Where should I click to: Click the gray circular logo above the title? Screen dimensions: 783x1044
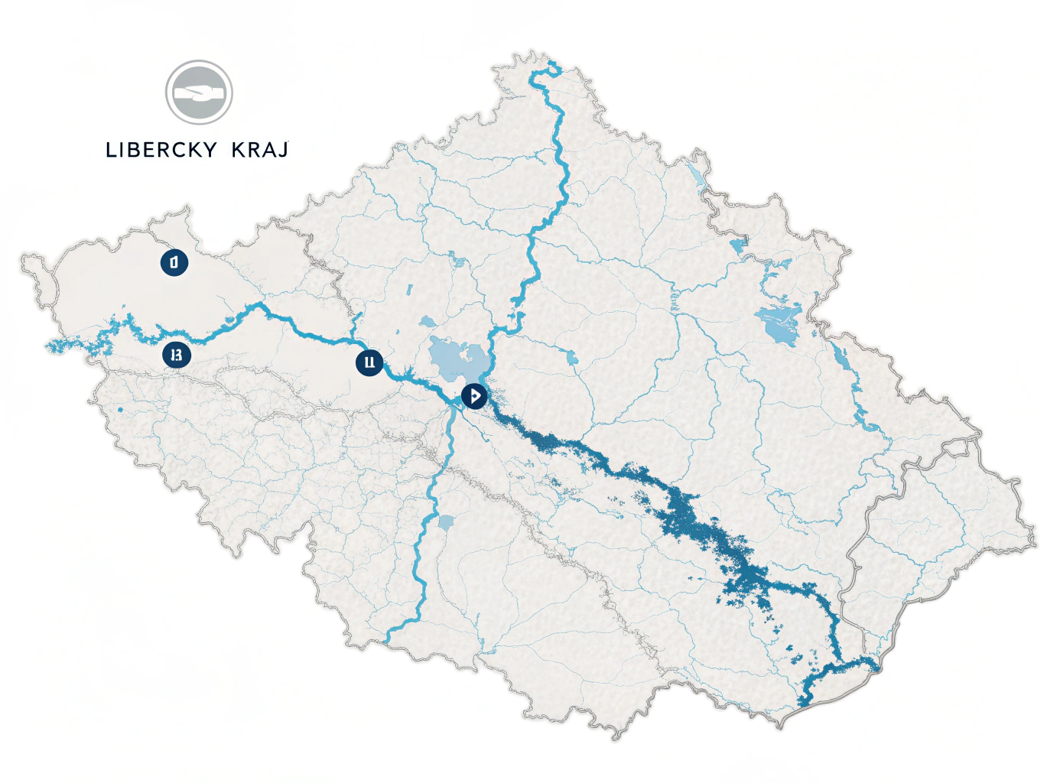[199, 93]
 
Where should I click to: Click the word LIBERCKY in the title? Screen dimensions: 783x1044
[161, 150]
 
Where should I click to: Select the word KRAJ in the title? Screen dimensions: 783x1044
[260, 150]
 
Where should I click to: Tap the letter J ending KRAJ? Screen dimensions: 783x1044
[283, 150]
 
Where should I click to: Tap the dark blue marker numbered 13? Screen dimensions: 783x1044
[177, 355]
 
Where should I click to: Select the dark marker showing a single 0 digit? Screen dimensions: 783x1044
[174, 262]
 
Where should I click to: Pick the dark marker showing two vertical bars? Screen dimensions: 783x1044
[369, 362]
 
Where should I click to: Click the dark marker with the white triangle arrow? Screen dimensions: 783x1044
[474, 396]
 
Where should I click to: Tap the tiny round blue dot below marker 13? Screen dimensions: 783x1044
[121, 410]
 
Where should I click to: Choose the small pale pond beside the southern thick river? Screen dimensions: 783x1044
[445, 523]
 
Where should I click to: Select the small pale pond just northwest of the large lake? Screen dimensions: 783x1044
[426, 322]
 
